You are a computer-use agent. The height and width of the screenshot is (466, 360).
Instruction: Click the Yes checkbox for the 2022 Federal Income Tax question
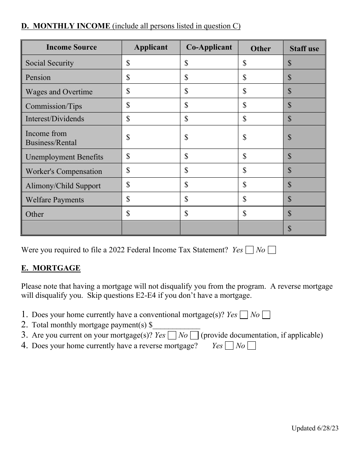coord(249,250)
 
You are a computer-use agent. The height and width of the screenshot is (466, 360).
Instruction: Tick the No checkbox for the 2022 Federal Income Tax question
coord(272,250)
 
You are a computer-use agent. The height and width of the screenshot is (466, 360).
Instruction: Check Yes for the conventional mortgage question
coord(244,315)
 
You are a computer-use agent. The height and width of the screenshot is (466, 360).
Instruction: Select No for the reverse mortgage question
coord(251,346)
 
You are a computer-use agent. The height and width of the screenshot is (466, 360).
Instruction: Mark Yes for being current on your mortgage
coord(172,335)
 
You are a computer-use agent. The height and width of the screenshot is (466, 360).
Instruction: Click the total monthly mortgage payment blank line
coord(176,325)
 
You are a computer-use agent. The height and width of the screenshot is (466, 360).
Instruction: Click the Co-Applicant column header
coord(209,47)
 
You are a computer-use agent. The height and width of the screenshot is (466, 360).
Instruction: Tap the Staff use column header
coord(304,48)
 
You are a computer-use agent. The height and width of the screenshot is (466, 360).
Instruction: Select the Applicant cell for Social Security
coord(151,63)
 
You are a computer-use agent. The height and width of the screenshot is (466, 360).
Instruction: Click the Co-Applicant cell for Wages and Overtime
coord(209,91)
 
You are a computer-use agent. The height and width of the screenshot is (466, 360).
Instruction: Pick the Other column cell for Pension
coord(261,77)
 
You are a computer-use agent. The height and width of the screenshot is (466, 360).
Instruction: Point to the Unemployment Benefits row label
coord(64,157)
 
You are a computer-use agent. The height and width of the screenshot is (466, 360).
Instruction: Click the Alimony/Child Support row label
coord(63,186)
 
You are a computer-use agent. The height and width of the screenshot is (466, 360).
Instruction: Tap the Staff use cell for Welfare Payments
coord(304,199)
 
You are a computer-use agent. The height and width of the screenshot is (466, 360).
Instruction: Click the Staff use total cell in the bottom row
coord(304,228)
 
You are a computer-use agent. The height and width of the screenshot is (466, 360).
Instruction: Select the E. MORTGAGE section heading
coord(51,268)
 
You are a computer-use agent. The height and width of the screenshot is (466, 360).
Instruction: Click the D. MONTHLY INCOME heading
coord(66,26)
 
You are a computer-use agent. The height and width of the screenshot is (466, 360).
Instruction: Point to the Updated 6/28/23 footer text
coord(315,428)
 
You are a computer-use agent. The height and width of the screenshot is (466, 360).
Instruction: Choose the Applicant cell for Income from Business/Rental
coord(151,137)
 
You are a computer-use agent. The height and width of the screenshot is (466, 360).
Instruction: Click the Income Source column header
coord(71,47)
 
